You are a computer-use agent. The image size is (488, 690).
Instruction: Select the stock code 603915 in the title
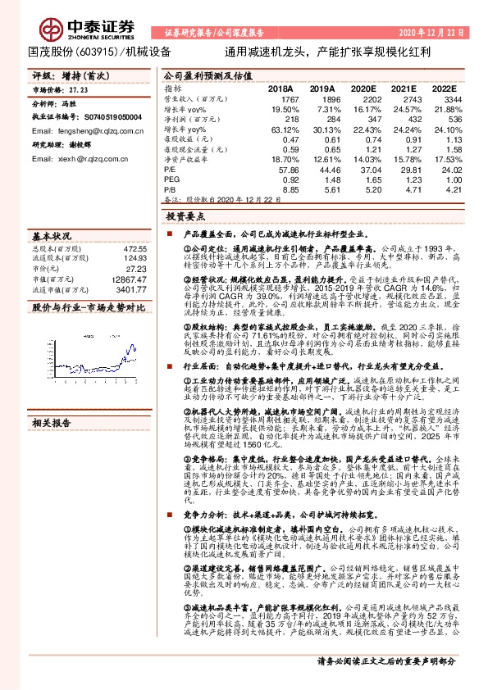tap(100, 51)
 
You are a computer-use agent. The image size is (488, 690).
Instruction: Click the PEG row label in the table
tap(171, 178)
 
